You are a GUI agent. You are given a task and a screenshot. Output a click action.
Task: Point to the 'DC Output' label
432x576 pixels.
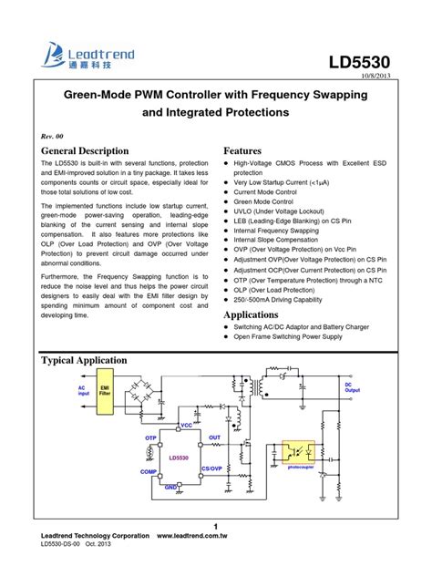click(353, 388)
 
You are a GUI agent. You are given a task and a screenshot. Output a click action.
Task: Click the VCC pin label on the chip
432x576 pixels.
click(186, 426)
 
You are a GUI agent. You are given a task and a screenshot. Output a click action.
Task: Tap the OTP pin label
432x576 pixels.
click(151, 438)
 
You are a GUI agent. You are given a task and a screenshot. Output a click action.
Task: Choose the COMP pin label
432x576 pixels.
click(149, 471)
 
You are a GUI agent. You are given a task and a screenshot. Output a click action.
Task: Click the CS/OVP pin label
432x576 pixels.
click(211, 468)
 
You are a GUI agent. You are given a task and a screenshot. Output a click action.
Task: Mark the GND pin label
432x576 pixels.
click(170, 489)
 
